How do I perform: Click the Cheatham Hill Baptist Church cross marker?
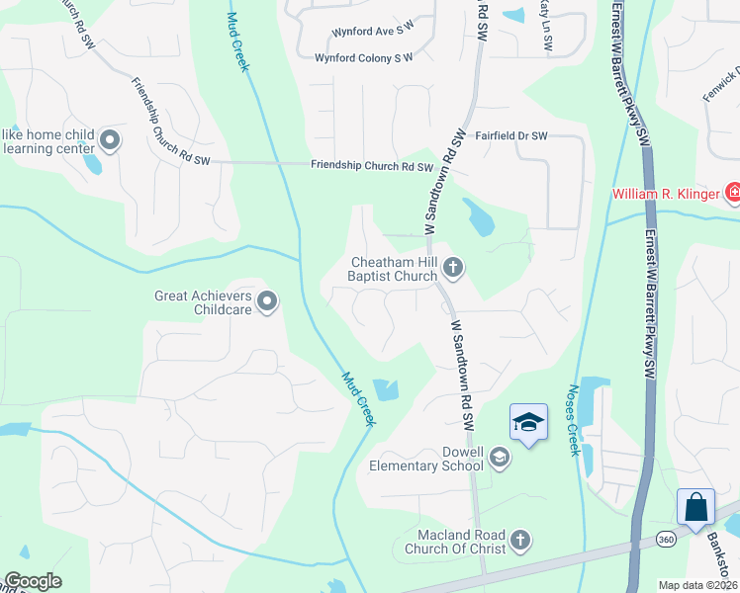click(453, 266)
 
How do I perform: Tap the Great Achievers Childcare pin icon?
click(266, 301)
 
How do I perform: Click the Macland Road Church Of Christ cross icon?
click(520, 541)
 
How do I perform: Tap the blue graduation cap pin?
click(528, 423)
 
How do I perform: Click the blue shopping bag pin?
click(695, 508)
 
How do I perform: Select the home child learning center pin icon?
click(109, 141)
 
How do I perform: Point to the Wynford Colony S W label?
click(363, 58)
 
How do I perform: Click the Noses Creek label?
click(573, 421)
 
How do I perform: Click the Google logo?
click(33, 581)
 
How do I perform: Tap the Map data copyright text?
click(698, 585)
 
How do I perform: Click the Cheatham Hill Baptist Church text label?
click(393, 270)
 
